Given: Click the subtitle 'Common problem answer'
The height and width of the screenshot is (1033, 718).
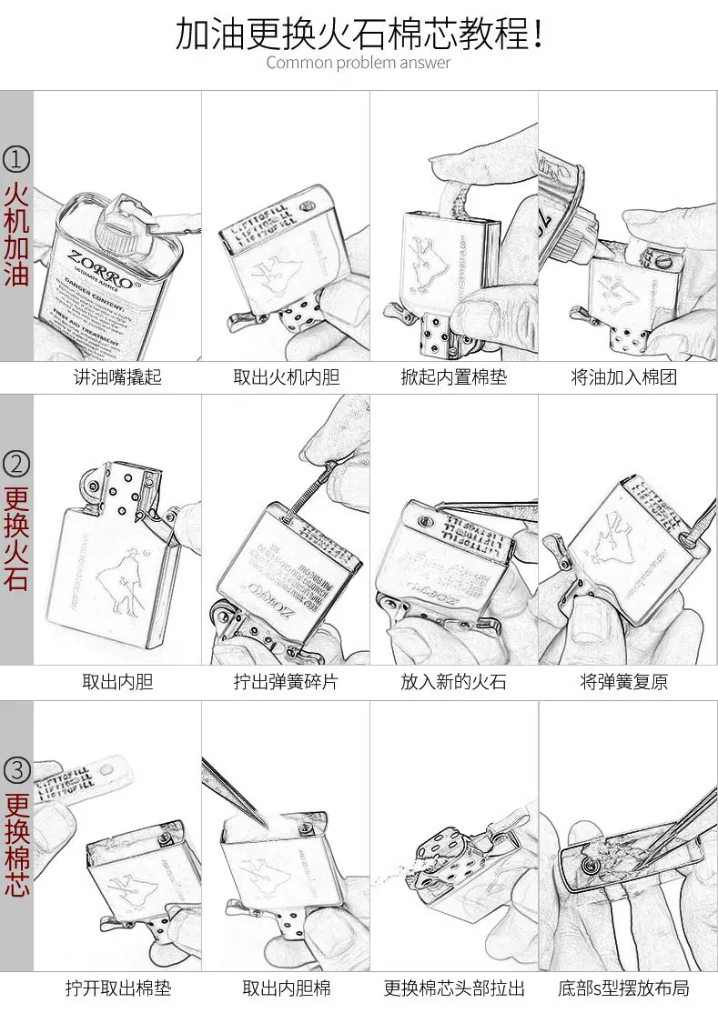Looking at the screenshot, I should [359, 63].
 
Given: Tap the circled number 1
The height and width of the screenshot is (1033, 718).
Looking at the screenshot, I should [16, 160].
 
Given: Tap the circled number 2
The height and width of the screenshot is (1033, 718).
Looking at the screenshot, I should [16, 464].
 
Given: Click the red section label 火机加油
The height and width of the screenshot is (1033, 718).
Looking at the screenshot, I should [16, 235].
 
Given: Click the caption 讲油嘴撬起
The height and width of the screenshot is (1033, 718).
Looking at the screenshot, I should [117, 376].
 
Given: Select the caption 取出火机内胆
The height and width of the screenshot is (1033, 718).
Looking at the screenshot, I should [286, 376].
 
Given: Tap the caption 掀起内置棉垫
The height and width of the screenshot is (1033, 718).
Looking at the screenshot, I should [453, 376].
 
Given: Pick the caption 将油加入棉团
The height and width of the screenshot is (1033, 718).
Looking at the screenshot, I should [623, 376].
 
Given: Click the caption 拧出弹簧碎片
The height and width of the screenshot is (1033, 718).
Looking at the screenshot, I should [286, 682].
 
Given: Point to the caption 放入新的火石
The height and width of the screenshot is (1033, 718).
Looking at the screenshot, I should [453, 682].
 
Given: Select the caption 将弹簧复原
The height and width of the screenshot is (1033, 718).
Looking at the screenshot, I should [623, 682].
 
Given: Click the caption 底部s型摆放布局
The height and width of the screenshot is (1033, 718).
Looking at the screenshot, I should [623, 988].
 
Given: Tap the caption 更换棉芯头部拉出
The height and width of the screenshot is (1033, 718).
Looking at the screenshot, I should [453, 988].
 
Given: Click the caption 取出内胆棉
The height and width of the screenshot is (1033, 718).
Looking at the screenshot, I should [286, 988].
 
